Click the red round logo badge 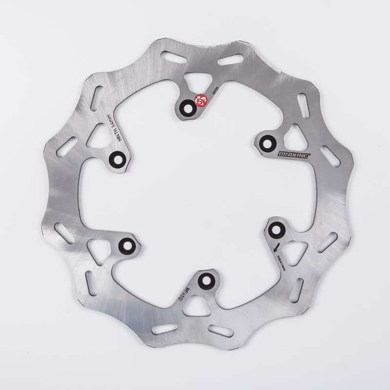[x=201, y=101]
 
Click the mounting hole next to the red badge [x=186, y=109]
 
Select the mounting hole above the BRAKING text [x=266, y=143]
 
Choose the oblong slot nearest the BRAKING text [x=331, y=157]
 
